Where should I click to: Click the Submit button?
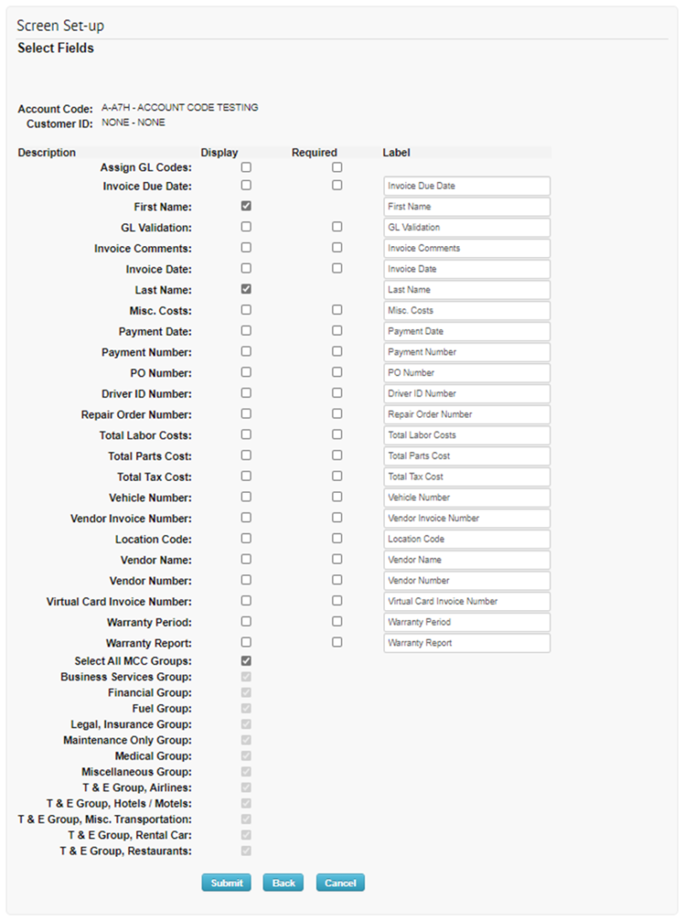coord(227,883)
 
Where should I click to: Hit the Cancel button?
coord(340,883)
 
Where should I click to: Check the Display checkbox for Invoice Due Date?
coord(246,185)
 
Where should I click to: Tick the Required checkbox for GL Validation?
coord(337,227)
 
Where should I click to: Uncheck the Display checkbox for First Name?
coord(246,206)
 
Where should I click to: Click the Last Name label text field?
coord(466,290)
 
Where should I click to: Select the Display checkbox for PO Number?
coord(246,373)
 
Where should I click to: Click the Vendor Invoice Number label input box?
coord(466,519)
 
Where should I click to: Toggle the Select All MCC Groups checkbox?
coord(246,660)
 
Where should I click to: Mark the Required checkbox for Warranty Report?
coord(337,642)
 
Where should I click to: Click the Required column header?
coord(315,153)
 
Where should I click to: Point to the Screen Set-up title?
coord(61,26)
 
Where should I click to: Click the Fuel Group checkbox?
coord(246,708)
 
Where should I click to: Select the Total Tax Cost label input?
coord(466,477)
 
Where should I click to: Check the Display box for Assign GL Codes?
coord(246,167)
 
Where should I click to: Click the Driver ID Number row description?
coord(146,394)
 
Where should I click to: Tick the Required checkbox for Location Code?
coord(337,538)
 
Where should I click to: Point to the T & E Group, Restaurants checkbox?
coord(246,851)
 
